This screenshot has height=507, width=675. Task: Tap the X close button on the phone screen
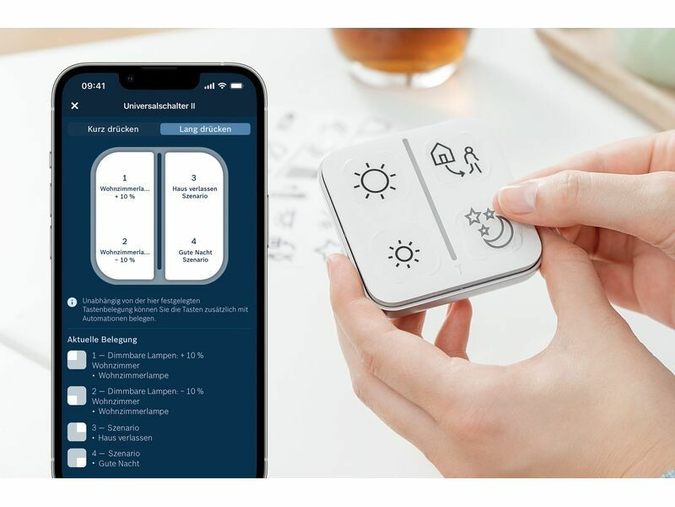[x=74, y=106]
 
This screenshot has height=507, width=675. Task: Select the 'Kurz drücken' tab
[x=113, y=129]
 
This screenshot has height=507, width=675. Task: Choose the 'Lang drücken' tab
[x=205, y=129]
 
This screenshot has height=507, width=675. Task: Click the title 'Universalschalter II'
[x=159, y=106]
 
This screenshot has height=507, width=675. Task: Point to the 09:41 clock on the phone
[x=94, y=86]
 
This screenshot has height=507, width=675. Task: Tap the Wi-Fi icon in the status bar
[x=222, y=85]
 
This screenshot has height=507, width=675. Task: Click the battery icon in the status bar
[x=237, y=86]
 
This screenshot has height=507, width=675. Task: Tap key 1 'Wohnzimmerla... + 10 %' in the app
[x=125, y=187]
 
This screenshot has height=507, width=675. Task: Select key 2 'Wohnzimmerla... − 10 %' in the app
[x=125, y=250]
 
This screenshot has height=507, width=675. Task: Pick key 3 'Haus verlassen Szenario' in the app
[x=194, y=187]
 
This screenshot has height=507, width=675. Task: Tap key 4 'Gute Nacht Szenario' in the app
[x=194, y=250]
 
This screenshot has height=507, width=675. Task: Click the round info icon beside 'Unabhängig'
[x=72, y=302]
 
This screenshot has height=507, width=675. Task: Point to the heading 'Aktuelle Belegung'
[x=102, y=340]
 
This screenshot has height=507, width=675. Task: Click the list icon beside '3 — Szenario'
[x=77, y=432]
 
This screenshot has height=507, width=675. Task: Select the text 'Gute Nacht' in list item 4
[x=119, y=463]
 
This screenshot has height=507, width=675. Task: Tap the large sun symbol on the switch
[x=374, y=181]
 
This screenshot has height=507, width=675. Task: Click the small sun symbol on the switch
[x=404, y=254]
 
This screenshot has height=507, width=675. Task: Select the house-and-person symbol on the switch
[x=456, y=160]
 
